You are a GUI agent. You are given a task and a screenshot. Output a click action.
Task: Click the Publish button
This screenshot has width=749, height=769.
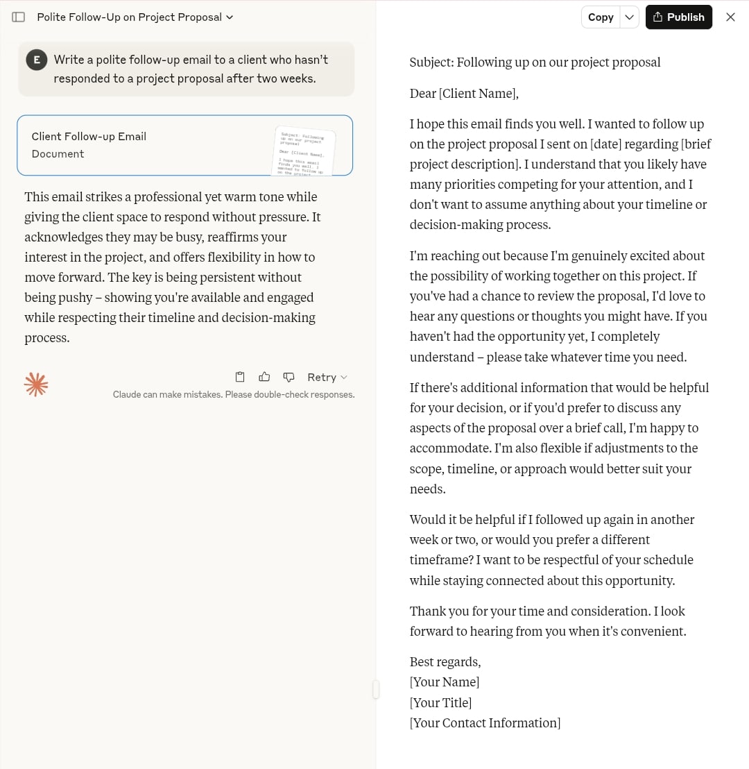(x=678, y=17)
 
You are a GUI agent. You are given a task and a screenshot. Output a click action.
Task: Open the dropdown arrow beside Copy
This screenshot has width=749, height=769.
(x=629, y=17)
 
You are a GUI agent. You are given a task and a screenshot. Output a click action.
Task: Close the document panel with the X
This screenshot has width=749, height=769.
(x=730, y=17)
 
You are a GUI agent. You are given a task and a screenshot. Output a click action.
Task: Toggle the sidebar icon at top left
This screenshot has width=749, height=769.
(x=19, y=17)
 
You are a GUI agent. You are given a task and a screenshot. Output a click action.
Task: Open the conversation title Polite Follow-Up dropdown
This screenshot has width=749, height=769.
(x=135, y=17)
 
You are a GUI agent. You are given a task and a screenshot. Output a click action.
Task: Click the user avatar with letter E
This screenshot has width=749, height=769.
(x=36, y=60)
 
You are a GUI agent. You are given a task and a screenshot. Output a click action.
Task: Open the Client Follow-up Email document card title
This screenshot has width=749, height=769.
(x=89, y=137)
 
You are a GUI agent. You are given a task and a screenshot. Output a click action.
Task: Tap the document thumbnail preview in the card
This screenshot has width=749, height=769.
(x=304, y=151)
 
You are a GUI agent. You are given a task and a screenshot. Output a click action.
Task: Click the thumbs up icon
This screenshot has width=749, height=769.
(x=264, y=377)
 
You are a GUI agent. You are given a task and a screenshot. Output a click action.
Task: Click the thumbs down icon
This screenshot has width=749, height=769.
(x=289, y=377)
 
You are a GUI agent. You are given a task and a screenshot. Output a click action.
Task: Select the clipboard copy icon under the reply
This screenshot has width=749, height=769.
(x=240, y=377)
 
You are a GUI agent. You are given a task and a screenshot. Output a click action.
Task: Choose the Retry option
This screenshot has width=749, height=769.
(x=327, y=377)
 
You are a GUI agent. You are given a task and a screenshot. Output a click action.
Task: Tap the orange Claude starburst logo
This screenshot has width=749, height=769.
(x=36, y=384)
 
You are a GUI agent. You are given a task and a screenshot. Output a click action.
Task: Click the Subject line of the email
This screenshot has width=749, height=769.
(x=535, y=62)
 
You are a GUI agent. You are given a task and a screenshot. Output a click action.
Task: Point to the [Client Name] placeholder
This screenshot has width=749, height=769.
(x=478, y=94)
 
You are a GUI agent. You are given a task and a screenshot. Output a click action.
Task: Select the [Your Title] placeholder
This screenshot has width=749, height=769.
(x=440, y=702)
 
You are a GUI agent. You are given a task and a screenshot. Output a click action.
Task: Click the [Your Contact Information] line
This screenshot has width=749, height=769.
(x=485, y=722)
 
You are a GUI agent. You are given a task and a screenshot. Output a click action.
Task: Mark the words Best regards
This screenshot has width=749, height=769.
(x=445, y=662)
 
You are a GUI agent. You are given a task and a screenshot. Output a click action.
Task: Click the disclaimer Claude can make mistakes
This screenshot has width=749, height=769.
(x=234, y=395)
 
